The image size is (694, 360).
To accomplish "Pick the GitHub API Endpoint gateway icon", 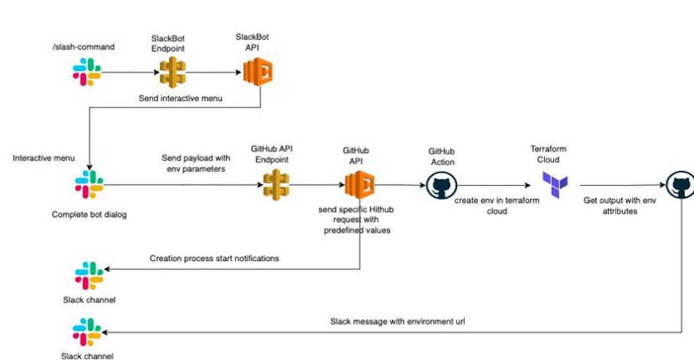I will [x=276, y=184].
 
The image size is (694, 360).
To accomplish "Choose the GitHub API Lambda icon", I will [x=359, y=186].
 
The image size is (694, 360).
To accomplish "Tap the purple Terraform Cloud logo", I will [x=555, y=185].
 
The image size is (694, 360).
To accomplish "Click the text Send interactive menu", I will [x=181, y=98].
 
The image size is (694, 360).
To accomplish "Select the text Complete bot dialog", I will [x=89, y=215].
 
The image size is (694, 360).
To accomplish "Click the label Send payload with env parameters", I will [x=195, y=163].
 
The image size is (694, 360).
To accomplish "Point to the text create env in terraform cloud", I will [x=497, y=206].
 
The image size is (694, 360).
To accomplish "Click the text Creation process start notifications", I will [x=215, y=258].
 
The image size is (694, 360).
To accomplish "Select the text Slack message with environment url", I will [x=397, y=321].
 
